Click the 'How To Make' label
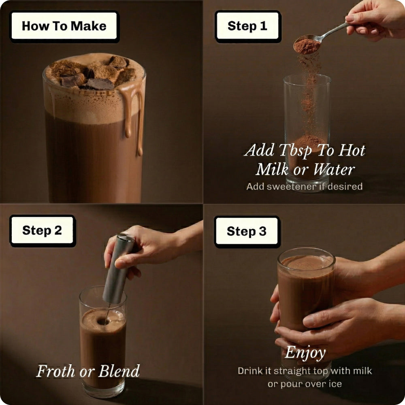click(64, 26)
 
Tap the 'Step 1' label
click(247, 26)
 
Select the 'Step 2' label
click(42, 230)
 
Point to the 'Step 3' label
click(247, 231)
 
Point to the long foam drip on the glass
click(140, 122)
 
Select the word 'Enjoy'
click(305, 352)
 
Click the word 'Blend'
click(119, 371)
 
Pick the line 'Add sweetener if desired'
click(304, 187)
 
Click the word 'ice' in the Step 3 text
click(334, 384)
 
